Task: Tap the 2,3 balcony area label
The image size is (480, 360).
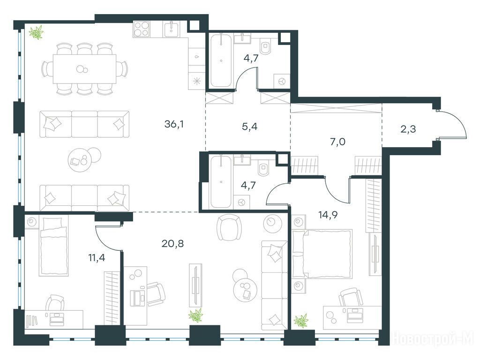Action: (408, 129)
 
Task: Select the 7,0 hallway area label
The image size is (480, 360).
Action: (337, 142)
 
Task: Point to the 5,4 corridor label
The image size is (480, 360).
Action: (249, 126)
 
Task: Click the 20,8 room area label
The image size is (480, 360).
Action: (172, 244)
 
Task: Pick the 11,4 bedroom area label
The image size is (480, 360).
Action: (97, 258)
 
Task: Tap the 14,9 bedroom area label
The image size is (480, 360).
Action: (328, 215)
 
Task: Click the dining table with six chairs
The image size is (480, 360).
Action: (84, 69)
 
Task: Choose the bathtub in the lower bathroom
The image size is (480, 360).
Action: (221, 181)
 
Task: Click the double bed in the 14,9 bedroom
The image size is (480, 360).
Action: (322, 254)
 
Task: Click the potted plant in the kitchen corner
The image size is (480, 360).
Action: (36, 32)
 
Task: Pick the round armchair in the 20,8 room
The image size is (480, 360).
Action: (227, 227)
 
